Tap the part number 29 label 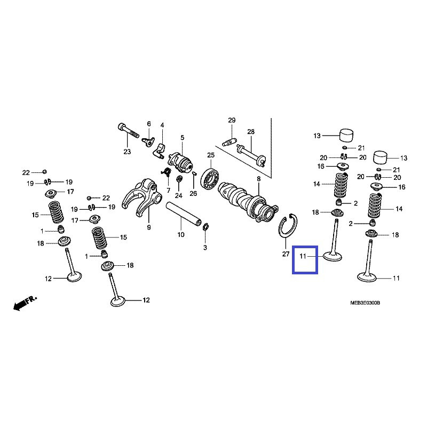[232, 120]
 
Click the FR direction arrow [22, 303]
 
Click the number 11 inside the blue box [302, 257]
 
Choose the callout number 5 [182, 138]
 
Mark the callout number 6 [149, 124]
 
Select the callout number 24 [178, 196]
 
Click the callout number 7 [168, 190]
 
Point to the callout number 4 [162, 125]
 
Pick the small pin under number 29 [228, 142]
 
